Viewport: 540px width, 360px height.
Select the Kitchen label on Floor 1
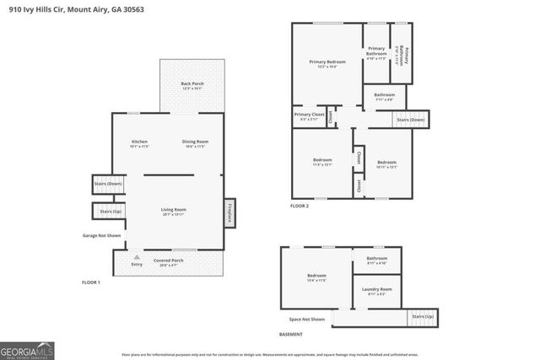click(139, 142)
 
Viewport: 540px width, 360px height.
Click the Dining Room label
click(196, 142)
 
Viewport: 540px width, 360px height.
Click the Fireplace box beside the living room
click(229, 212)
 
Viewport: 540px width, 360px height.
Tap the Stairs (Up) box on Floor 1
click(110, 211)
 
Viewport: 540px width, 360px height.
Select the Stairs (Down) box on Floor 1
click(108, 183)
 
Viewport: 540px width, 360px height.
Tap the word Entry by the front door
click(137, 265)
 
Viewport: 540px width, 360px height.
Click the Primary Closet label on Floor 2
click(309, 116)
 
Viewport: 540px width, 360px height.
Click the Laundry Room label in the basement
click(377, 291)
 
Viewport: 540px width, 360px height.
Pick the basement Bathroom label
click(376, 260)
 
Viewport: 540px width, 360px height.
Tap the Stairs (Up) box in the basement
click(423, 317)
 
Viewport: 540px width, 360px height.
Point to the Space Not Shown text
click(306, 320)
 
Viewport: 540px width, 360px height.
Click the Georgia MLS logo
click(28, 349)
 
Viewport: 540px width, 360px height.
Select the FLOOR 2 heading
click(300, 206)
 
